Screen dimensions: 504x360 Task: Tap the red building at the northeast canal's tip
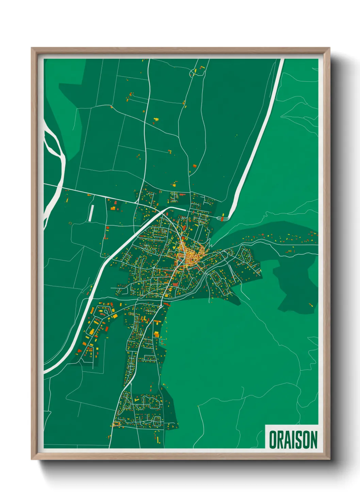223,216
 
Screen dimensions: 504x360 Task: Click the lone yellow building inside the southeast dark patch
310,304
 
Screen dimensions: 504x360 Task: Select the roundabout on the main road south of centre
160,307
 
